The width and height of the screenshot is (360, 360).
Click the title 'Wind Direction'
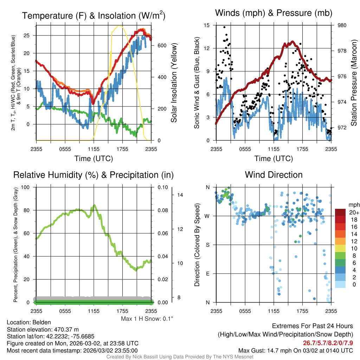pyautogui.click(x=274, y=175)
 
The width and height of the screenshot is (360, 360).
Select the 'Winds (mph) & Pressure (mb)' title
pyautogui.click(x=274, y=13)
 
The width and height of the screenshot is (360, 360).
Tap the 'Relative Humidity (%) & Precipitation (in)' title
pyautogui.click(x=94, y=175)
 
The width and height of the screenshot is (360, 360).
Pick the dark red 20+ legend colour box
pyautogui.click(x=341, y=212)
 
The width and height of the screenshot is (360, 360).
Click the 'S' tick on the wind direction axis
pyautogui.click(x=207, y=245)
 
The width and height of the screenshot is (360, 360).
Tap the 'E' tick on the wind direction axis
pyautogui.click(x=207, y=274)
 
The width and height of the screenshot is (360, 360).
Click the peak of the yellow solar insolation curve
pyautogui.click(x=120, y=26)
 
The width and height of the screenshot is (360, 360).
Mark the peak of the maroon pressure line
pyautogui.click(x=292, y=41)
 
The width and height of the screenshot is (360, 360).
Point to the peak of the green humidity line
pyautogui.click(x=94, y=205)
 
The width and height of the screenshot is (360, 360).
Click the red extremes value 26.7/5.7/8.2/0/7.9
pyautogui.click(x=328, y=342)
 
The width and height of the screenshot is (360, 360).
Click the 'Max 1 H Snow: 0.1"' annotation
pyautogui.click(x=147, y=319)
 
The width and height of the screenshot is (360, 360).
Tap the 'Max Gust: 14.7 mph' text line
pyautogui.click(x=295, y=351)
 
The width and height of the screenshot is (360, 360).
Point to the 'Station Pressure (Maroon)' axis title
pyautogui.click(x=354, y=83)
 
